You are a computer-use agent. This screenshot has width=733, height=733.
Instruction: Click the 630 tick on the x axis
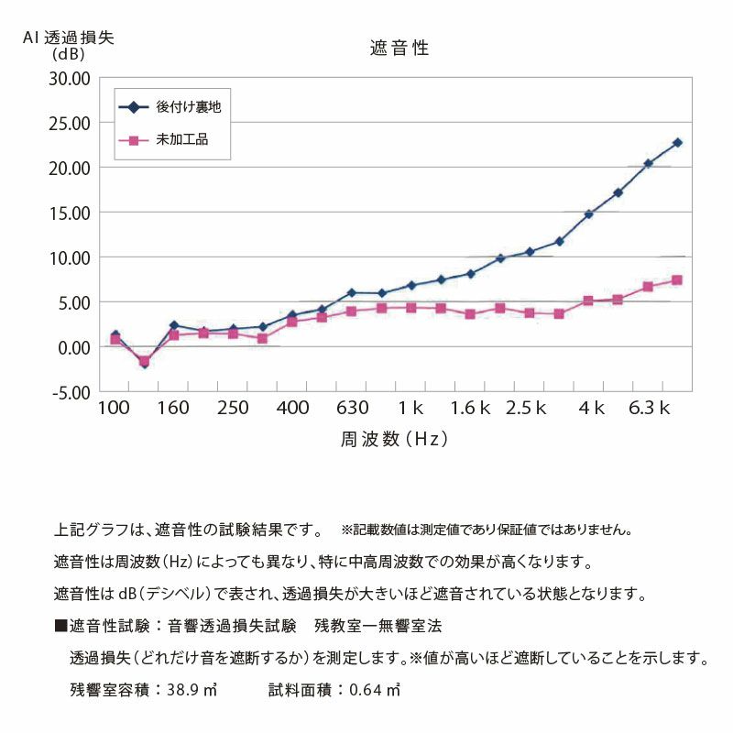(352, 408)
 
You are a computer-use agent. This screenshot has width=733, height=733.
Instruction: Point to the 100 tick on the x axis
(114, 408)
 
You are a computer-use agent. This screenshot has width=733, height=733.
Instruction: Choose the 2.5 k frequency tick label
(526, 408)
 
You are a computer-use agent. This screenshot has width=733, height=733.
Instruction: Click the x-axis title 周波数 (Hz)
(394, 439)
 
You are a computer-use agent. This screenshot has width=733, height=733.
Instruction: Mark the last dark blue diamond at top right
(677, 143)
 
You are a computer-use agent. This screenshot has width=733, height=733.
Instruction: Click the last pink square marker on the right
(677, 280)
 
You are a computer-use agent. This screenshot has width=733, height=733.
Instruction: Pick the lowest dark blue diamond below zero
(144, 364)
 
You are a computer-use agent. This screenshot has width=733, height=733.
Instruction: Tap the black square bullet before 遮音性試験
(60, 627)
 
